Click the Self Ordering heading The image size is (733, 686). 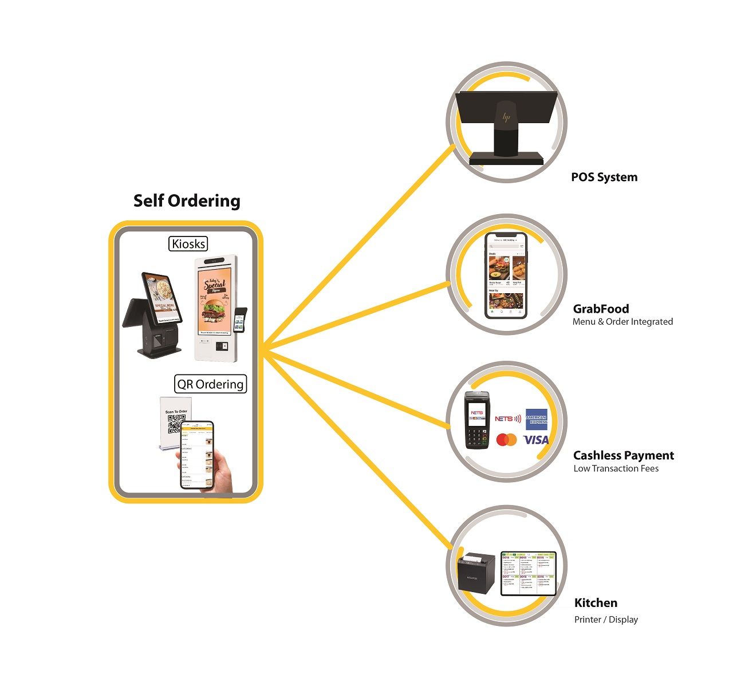[x=187, y=201]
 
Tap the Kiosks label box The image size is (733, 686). [x=188, y=243]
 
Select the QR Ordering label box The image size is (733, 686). [x=210, y=384]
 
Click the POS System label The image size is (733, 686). [x=604, y=177]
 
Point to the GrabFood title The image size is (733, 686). [x=601, y=309]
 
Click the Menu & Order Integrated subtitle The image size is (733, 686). [x=622, y=322]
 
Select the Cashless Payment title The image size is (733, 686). [x=624, y=455]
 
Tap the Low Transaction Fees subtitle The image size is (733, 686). [x=616, y=468]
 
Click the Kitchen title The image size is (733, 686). [x=596, y=602]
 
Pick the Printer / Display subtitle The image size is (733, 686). [x=606, y=620]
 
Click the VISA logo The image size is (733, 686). [x=536, y=440]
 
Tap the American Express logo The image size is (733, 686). [x=537, y=419]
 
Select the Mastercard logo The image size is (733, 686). [x=506, y=440]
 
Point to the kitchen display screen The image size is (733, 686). [x=528, y=573]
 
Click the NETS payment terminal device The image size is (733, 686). [x=476, y=420]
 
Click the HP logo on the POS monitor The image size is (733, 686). [x=506, y=117]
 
